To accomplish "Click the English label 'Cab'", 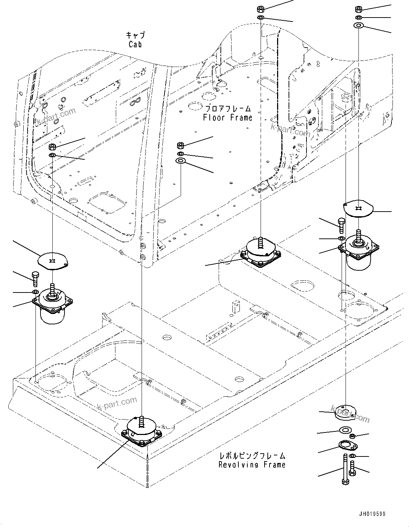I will click(x=135, y=44).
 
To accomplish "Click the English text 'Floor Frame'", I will click(x=227, y=118).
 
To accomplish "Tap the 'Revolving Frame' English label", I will click(x=252, y=465).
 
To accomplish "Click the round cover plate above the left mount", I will click(x=53, y=260).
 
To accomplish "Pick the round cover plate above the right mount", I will click(x=358, y=208).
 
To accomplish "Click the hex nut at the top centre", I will click(x=261, y=9).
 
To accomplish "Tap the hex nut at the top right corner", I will click(x=358, y=9).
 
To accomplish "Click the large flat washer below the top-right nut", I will click(x=358, y=25).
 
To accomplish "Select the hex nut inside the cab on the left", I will click(x=52, y=146).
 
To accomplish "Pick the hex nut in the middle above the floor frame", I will click(x=181, y=145).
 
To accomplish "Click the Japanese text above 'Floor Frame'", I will click(x=227, y=108).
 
